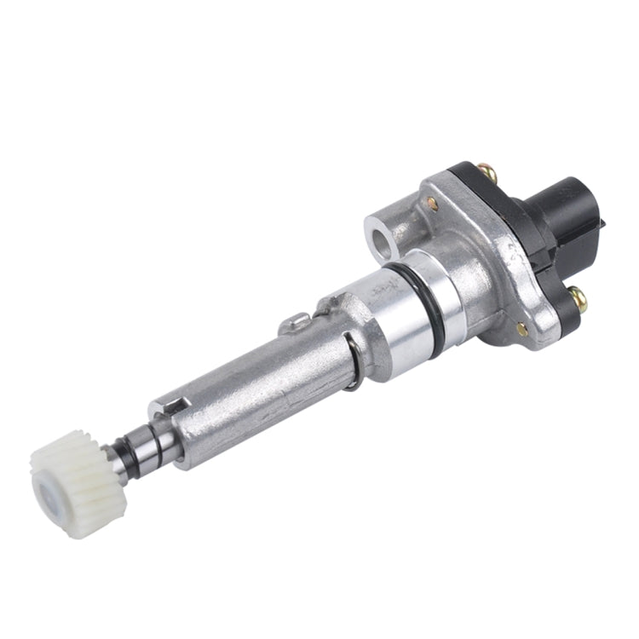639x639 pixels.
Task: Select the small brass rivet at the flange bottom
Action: tap(521, 328)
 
